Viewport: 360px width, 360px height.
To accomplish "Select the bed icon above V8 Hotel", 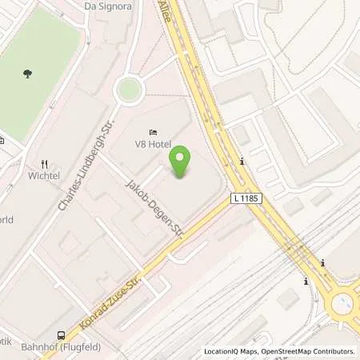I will (153, 132).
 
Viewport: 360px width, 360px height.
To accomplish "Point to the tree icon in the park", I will (28, 74).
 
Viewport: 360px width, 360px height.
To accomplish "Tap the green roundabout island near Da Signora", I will (128, 90).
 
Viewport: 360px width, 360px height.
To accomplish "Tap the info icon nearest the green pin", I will (242, 162).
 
